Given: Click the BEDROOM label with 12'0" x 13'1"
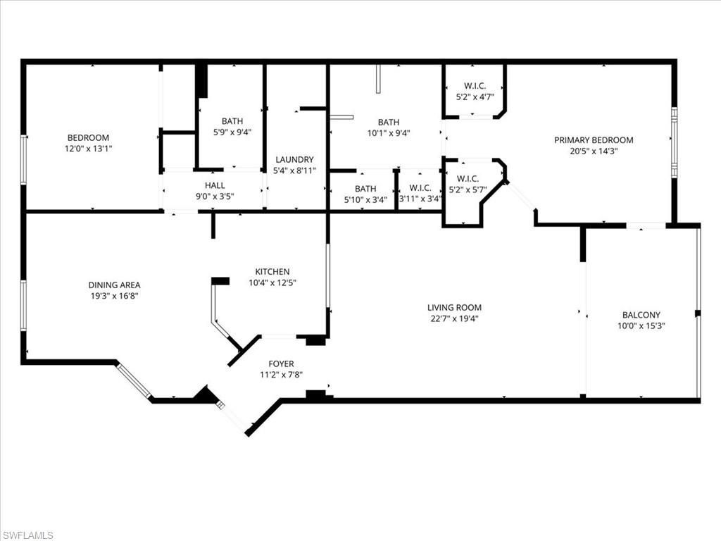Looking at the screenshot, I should tap(88, 137).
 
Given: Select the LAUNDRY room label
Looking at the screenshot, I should tap(294, 159).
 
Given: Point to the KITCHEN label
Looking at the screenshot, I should tap(272, 271).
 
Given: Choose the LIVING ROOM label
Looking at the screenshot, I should tap(454, 307).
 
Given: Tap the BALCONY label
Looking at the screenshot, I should tap(641, 315).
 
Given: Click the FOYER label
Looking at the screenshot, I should tap(281, 363).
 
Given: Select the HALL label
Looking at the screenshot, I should tap(215, 185).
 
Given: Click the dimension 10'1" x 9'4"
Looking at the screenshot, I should tap(388, 132).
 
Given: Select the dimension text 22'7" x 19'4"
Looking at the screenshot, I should tap(454, 318).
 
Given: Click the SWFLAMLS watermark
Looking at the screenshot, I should tap(27, 535).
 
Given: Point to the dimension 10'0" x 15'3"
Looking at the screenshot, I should tap(641, 326).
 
